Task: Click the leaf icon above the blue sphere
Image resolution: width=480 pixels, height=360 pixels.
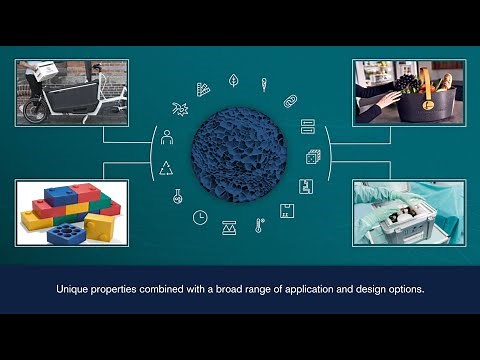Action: [233, 80]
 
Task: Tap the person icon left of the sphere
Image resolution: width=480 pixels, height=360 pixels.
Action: [166, 137]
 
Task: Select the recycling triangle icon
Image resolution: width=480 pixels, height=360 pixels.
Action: [166, 167]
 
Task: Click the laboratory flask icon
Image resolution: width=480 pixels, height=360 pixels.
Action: [177, 196]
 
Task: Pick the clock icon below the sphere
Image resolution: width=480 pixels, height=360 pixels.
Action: [200, 217]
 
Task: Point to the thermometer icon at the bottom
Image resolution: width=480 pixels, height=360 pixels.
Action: [259, 226]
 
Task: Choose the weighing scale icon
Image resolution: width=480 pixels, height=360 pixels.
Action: [230, 228]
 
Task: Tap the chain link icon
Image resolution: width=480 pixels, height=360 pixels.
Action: [291, 101]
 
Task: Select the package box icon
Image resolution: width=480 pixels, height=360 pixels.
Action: [287, 211]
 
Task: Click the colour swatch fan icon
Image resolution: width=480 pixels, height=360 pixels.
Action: [203, 89]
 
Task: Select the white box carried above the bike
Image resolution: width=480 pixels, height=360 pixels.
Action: [39, 70]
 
